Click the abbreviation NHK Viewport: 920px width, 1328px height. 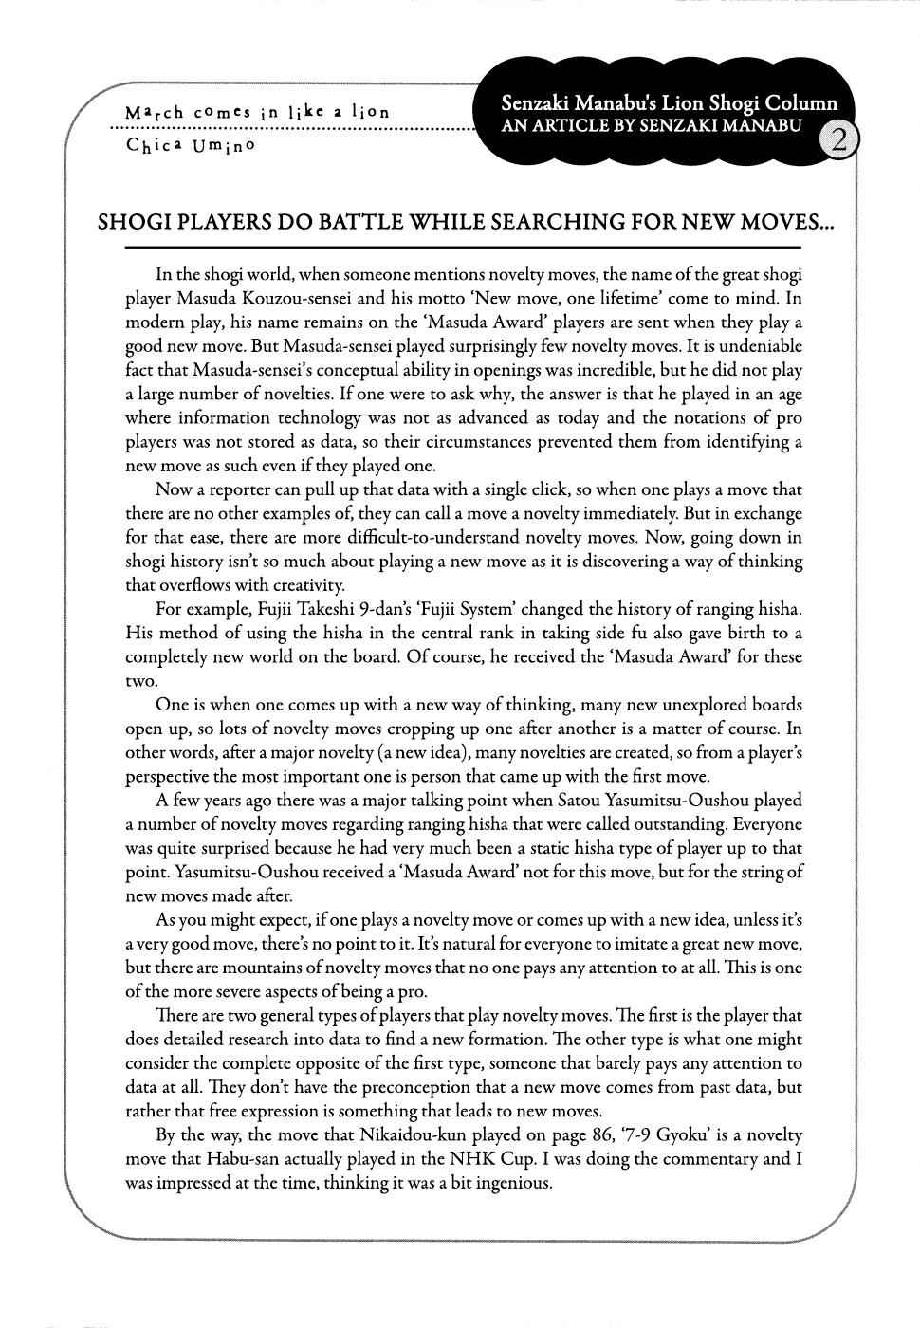507,1159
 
